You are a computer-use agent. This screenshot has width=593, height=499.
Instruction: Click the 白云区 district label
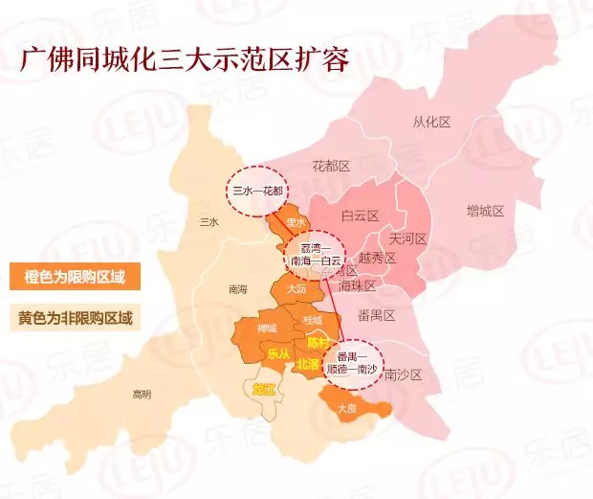tap(361, 216)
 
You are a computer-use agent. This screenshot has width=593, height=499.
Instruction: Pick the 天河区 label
tap(407, 238)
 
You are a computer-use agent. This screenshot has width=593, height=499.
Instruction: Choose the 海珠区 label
tap(384, 285)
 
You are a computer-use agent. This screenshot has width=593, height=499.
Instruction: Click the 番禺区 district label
tap(376, 315)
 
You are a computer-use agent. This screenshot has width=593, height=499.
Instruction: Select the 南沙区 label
tap(403, 374)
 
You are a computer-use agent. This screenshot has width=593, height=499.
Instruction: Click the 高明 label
tap(142, 394)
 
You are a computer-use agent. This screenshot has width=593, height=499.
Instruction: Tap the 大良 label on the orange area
tap(347, 409)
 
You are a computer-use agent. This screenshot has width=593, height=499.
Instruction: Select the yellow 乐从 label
tap(278, 352)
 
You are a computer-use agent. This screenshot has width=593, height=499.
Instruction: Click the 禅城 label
tap(267, 329)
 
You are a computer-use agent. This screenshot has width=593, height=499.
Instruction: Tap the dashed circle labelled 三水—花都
tap(258, 191)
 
